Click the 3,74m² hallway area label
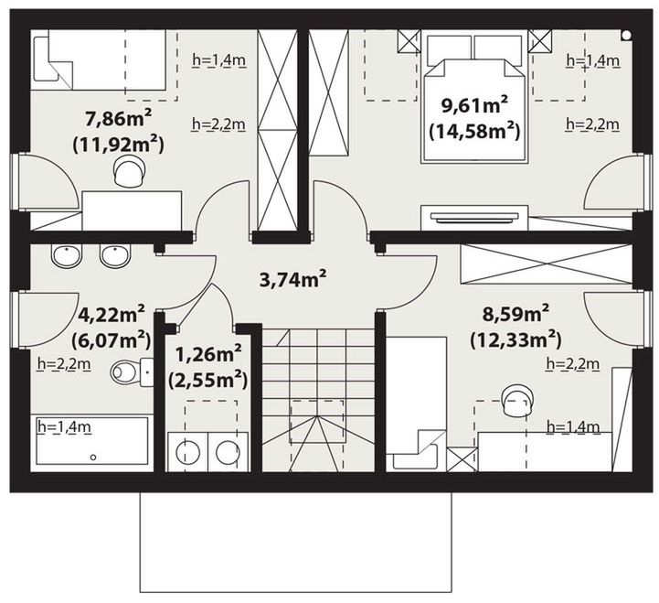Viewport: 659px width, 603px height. point(292,279)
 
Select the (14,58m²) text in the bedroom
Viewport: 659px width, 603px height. point(474,132)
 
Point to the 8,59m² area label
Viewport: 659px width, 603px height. point(516,314)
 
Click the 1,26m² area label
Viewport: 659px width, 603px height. point(208,354)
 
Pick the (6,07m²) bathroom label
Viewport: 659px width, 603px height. point(111,340)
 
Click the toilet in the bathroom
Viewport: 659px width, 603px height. point(132,372)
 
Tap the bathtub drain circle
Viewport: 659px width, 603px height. point(93,457)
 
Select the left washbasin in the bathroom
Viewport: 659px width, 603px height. point(67,255)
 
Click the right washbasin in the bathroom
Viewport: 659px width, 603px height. point(115,255)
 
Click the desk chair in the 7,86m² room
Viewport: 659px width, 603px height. point(130,171)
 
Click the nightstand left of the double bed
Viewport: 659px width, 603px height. point(409,41)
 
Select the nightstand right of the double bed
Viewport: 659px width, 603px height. point(539,41)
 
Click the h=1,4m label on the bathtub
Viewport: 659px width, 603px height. point(64,427)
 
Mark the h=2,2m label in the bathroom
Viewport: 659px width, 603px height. point(64,364)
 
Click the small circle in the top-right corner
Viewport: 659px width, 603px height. point(626,36)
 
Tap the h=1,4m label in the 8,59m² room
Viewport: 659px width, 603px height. point(573,427)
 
